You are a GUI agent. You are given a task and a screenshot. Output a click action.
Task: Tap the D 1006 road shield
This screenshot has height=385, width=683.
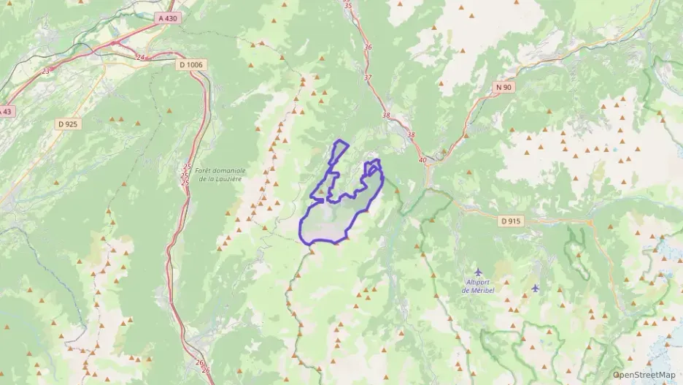point(192,64)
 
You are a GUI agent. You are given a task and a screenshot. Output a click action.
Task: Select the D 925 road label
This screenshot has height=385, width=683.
point(68,124)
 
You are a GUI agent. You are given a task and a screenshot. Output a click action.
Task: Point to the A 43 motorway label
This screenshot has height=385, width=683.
point(5,111)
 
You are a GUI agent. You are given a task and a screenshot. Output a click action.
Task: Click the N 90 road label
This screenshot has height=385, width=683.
point(503,87)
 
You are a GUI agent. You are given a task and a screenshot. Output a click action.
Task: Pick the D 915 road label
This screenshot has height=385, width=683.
point(512,221)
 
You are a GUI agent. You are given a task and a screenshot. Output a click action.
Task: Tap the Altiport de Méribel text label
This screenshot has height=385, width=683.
point(479,286)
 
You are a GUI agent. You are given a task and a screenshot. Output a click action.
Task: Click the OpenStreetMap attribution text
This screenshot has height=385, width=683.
point(644,375)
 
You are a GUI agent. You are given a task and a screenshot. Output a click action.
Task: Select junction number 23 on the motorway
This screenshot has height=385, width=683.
point(46,71)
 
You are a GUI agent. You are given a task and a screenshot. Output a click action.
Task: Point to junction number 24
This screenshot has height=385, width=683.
point(140,57)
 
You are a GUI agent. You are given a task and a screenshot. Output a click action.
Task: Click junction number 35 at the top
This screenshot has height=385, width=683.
point(347,6)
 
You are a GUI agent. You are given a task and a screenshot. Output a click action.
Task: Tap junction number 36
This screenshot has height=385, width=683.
point(368,47)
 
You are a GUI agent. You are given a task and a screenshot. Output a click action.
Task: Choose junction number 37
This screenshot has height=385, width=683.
point(368,77)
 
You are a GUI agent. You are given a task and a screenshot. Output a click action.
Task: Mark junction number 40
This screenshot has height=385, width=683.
point(422,159)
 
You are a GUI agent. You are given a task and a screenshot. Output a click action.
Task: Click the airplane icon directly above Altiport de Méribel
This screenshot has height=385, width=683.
point(479,272)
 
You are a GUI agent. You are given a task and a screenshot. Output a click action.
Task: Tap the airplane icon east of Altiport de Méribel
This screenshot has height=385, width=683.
point(536,288)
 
